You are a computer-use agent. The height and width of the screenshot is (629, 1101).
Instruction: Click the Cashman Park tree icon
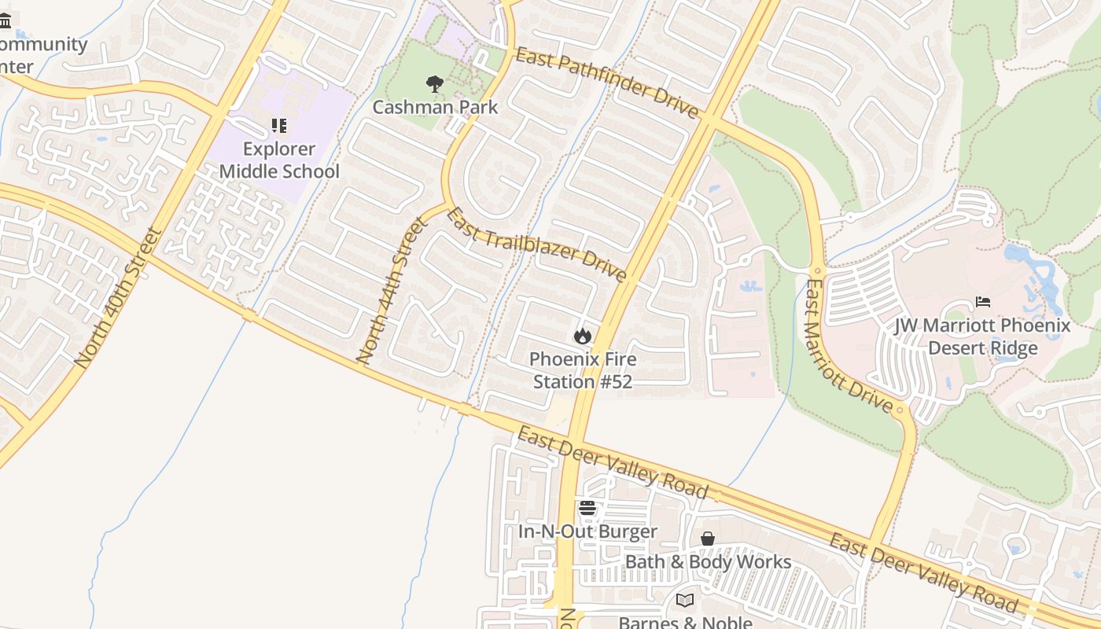(434, 84)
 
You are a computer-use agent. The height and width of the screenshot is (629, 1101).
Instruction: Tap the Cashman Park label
(435, 107)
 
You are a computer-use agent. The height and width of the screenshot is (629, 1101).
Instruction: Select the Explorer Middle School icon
(278, 126)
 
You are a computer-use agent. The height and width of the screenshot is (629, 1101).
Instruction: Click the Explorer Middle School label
(279, 160)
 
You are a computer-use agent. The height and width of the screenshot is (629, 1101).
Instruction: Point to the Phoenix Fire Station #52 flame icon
(582, 337)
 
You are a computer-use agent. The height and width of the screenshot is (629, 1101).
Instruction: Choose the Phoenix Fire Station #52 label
(583, 370)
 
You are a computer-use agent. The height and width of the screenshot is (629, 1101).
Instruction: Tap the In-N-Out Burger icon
(587, 509)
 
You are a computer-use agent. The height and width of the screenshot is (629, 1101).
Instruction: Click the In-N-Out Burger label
(587, 532)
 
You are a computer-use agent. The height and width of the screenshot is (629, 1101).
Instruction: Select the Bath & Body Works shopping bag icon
(708, 539)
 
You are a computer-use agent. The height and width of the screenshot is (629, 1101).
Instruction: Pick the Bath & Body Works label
(708, 561)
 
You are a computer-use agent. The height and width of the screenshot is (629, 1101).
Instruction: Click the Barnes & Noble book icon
(685, 601)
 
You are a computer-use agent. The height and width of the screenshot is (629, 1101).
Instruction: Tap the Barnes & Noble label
(685, 622)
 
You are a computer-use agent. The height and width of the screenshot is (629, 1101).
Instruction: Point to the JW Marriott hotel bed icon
(982, 302)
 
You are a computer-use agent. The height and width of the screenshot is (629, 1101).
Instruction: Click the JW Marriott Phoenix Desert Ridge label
(982, 337)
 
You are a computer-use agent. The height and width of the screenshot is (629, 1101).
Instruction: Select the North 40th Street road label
(119, 299)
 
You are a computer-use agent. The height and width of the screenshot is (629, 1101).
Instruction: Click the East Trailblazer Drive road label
(537, 245)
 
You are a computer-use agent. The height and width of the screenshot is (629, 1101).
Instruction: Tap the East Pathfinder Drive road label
(607, 83)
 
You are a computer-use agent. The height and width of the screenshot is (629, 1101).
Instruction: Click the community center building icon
(6, 20)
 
